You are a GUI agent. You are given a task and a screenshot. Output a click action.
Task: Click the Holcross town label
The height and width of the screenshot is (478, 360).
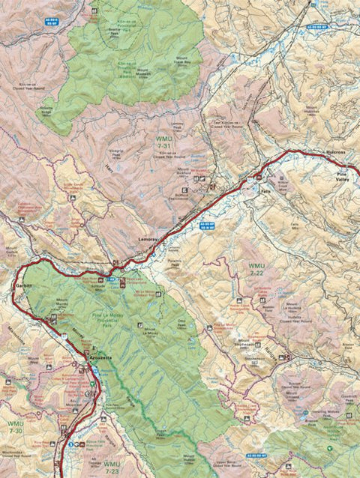click(x=336, y=152)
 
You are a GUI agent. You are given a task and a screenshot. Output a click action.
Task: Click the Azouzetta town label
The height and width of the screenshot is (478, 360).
click(x=96, y=358)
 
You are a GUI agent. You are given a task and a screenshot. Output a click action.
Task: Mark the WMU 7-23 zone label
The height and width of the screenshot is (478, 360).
click(x=112, y=468)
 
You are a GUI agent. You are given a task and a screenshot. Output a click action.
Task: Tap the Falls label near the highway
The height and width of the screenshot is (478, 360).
click(x=264, y=191)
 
